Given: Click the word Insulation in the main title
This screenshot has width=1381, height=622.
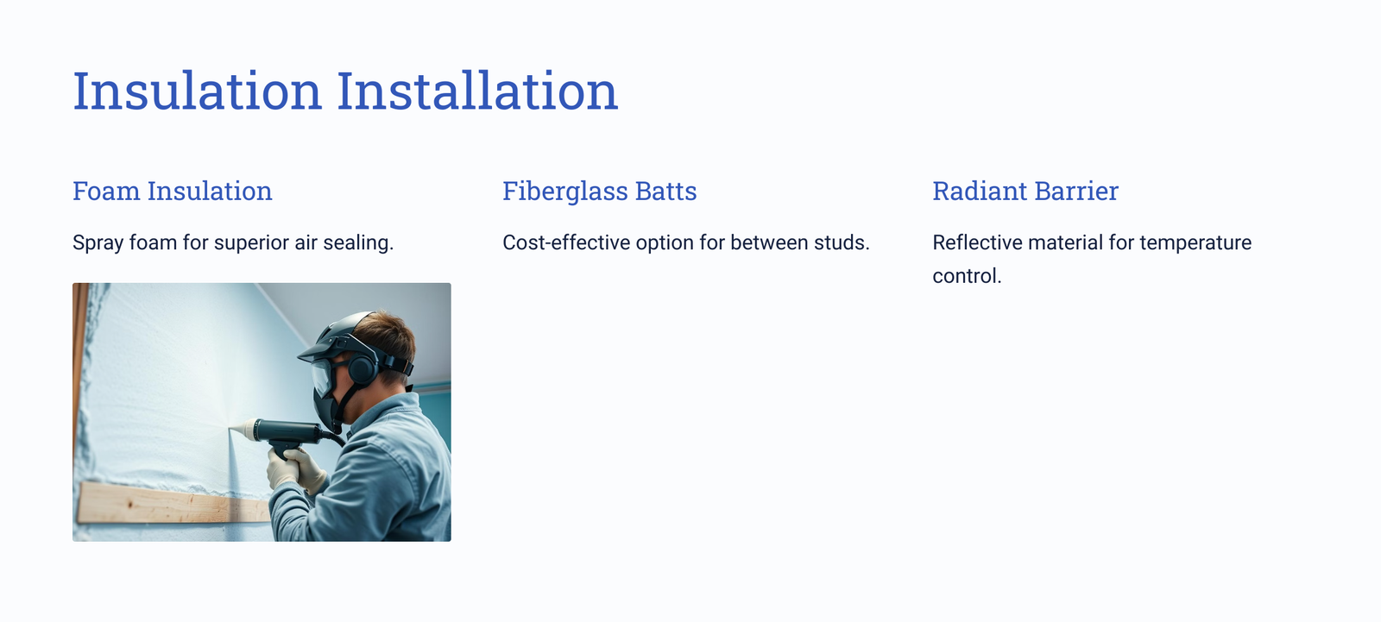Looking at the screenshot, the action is [x=198, y=91].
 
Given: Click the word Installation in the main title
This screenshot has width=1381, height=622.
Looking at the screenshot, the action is [x=477, y=91].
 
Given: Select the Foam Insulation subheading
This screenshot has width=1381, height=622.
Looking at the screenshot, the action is [x=173, y=192].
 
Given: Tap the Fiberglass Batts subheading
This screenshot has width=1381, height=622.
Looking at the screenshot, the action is [x=599, y=192].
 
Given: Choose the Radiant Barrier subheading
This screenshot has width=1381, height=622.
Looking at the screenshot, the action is [x=1025, y=192].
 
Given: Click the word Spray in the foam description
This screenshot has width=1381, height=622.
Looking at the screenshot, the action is [x=98, y=243].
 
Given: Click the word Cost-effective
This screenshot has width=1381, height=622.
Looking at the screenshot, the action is [x=566, y=242].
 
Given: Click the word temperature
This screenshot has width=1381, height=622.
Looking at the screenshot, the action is [x=1195, y=243].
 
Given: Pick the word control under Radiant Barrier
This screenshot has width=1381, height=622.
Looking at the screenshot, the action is [x=967, y=275].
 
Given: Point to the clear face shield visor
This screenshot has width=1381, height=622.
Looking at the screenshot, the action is [x=322, y=377].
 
